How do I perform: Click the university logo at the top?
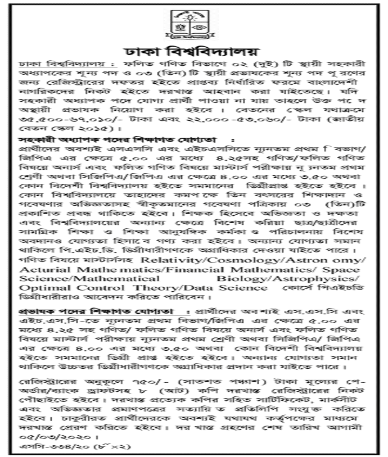point(193,23)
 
